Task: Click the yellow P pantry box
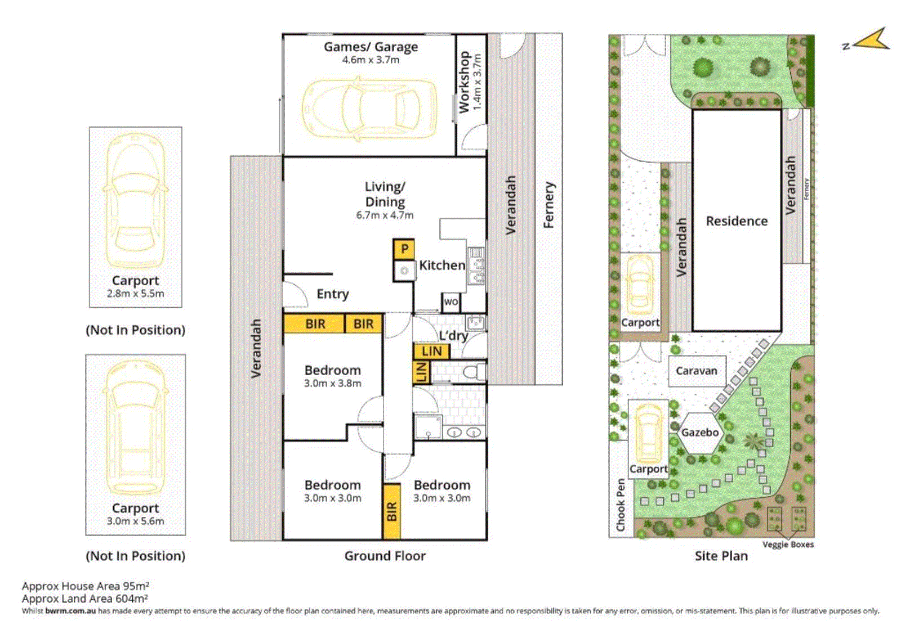coord(404,249)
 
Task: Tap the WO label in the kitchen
coord(450,302)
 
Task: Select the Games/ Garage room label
coord(371,47)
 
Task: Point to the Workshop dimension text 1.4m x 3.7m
coord(478,82)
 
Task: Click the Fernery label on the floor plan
coord(548,205)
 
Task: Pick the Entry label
coord(332,294)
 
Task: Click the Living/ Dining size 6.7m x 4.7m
coord(385,215)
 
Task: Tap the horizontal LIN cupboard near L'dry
coord(431,352)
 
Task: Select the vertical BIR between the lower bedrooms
coord(392,511)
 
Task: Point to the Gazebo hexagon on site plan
coord(700,433)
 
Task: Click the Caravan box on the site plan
coord(697,371)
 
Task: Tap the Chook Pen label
coord(621,505)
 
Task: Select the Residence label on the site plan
coord(737,221)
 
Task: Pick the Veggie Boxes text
coord(788,544)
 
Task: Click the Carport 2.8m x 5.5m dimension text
coord(135,294)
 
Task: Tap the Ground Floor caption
coord(385,556)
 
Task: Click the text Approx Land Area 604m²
coord(85,598)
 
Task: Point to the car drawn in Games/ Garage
coord(370,109)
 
